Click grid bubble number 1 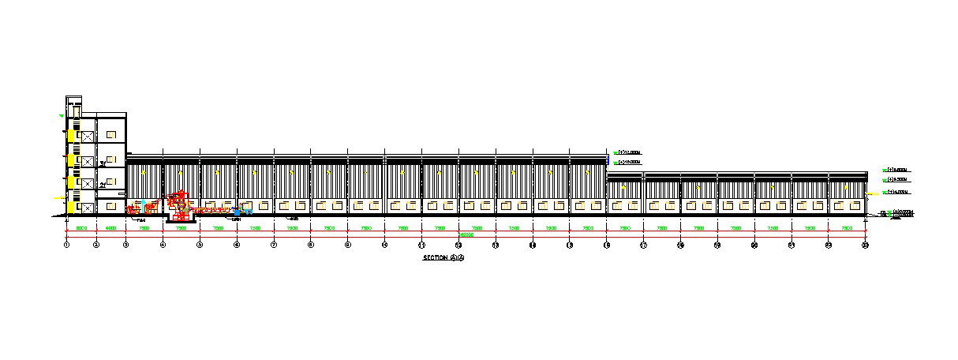coord(67,246)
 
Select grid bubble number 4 coord(163,246)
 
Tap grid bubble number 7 coord(274,246)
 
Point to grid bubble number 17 coord(643,246)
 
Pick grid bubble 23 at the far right coord(865,246)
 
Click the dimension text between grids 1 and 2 coord(81,228)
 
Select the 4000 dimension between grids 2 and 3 coord(110,228)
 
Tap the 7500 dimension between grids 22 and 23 coord(847,228)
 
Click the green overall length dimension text coord(466,234)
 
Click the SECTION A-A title coord(444,258)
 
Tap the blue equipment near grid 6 coord(238,212)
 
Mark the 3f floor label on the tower coord(103,163)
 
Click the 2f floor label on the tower coord(103,185)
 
